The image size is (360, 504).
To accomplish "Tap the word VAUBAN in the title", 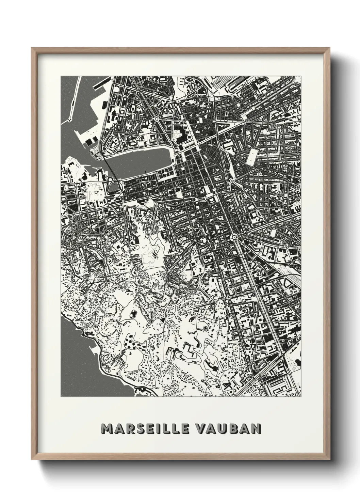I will pos(228,428).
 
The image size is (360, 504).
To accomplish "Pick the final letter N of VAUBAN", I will pos(256,428).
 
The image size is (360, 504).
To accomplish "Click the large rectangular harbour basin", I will pos(143,161).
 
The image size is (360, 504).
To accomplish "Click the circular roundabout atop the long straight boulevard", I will pos(234,237).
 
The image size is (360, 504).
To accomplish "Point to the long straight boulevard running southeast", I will pos(259,289).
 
